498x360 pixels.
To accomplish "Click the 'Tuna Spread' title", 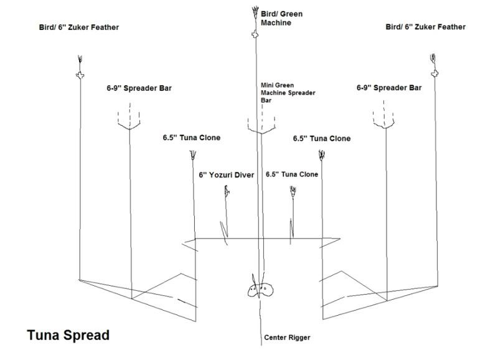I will coord(68,335).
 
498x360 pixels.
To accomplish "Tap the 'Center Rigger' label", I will coord(287,338).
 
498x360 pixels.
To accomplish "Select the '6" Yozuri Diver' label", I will coord(227,175).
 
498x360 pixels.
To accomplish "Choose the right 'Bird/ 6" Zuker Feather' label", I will coord(426,27).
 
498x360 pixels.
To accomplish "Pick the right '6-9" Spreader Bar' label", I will coord(388,88).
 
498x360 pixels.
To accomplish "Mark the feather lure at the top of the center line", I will coord(254,12).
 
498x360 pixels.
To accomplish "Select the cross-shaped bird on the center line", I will coord(254,36).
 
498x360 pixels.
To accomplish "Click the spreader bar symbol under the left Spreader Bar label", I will coord(130,120).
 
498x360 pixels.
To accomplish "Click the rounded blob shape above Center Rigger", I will coord(260,289).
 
